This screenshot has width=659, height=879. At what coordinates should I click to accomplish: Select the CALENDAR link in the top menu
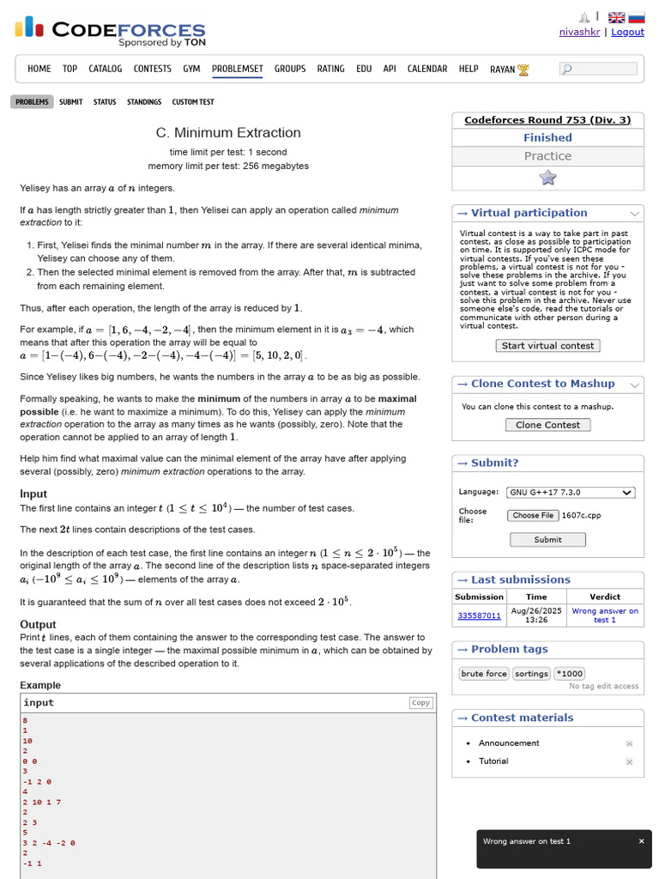[426, 69]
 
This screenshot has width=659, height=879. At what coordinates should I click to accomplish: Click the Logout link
[627, 32]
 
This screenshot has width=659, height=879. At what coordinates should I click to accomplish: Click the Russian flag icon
[637, 17]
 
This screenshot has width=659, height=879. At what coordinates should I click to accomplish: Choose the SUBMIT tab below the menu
[71, 102]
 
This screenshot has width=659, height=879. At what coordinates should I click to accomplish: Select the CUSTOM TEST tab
[193, 102]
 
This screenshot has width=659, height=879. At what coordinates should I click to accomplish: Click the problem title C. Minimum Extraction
[228, 133]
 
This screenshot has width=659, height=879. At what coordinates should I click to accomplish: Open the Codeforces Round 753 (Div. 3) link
[547, 120]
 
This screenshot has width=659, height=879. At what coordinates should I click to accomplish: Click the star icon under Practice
[547, 178]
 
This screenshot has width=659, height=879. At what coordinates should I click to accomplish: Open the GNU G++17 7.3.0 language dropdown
[571, 492]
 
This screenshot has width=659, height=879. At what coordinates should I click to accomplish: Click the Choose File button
[532, 515]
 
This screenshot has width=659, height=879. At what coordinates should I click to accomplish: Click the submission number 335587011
[479, 615]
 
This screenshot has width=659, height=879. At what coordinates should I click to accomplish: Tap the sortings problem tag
[531, 674]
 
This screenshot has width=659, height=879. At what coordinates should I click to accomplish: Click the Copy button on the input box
[420, 702]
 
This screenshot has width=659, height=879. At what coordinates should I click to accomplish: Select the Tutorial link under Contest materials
[493, 761]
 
